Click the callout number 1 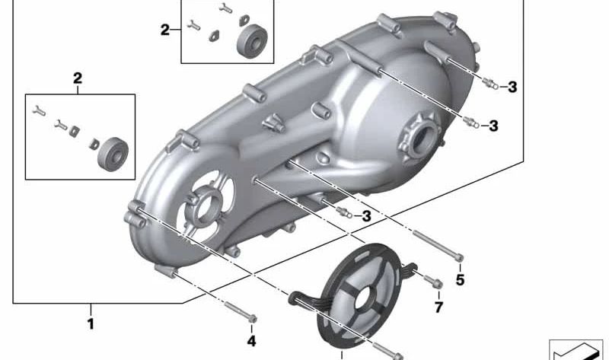[x=91, y=324]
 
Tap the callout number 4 [x=252, y=342]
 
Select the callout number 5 [x=460, y=279]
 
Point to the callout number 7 [x=438, y=307]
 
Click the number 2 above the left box [x=78, y=78]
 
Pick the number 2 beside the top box [x=165, y=30]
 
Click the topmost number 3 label [x=512, y=87]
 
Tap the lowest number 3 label [x=367, y=216]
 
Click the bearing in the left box [x=113, y=154]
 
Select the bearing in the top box [x=252, y=41]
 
